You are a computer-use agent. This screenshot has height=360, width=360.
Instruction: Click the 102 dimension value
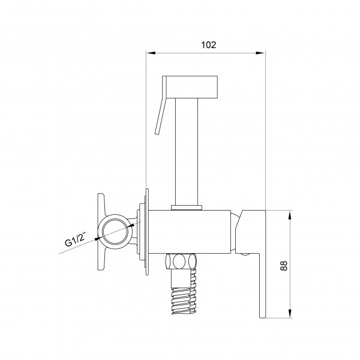208,45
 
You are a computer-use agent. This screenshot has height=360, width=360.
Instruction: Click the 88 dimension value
284,266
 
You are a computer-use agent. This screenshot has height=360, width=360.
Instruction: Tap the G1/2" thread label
74,239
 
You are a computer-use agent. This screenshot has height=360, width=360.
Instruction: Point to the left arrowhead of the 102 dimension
151,53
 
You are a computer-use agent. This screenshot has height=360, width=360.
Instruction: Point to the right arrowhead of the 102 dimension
260,53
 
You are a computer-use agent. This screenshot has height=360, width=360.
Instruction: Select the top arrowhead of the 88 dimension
290,215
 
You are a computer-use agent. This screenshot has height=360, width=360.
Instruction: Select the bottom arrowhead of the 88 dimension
290,313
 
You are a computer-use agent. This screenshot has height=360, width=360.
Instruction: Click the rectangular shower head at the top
191,87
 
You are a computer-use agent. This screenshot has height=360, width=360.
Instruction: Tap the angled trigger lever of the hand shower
161,105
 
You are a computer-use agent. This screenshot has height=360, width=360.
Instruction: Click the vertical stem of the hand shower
187,152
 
